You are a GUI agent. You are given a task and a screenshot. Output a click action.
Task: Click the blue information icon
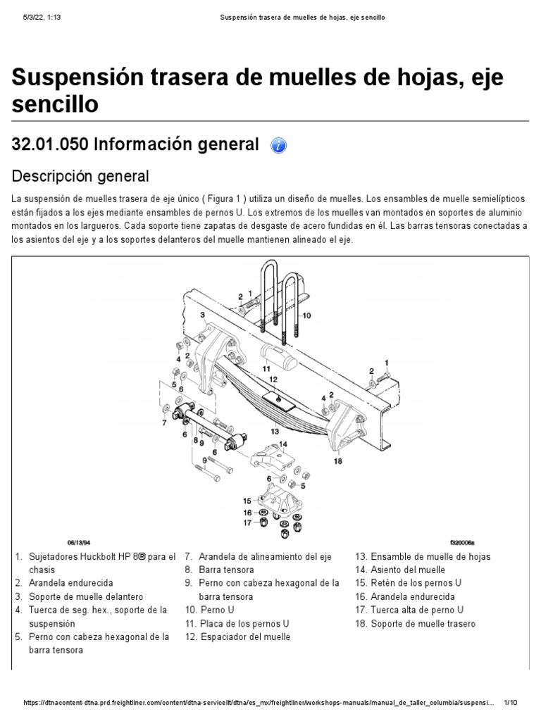(280, 145)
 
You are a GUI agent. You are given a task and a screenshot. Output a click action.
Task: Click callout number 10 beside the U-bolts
(307, 316)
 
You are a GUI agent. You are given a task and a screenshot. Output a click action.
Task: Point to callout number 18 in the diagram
(338, 462)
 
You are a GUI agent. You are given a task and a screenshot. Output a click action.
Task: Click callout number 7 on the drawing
(164, 423)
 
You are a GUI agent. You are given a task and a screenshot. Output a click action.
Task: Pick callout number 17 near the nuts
(247, 522)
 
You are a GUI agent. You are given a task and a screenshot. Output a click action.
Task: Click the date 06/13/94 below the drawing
(80, 543)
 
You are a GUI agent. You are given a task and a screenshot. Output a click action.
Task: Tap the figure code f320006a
(462, 543)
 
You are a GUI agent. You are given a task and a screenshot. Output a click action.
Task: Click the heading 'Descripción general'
(81, 175)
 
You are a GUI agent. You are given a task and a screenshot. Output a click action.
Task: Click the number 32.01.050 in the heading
(50, 144)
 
